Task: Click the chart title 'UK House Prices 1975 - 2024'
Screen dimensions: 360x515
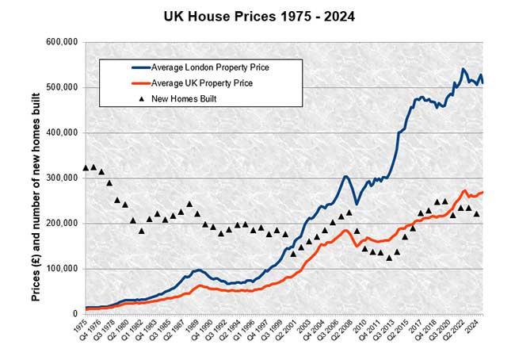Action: (x=257, y=15)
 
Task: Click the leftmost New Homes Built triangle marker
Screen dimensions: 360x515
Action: (x=85, y=167)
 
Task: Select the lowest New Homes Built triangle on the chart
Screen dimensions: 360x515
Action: (x=388, y=257)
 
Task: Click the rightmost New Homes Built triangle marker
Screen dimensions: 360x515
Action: (x=477, y=213)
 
